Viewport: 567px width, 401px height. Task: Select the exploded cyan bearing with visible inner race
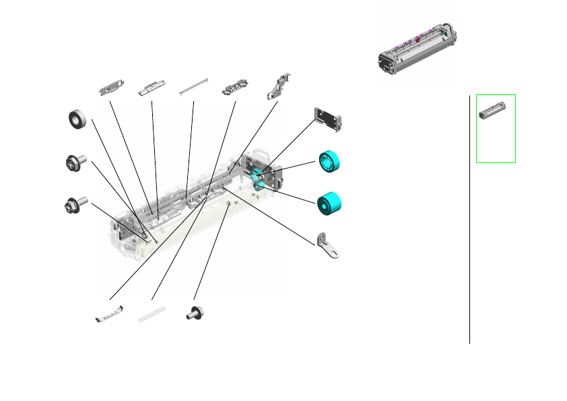[x=329, y=162]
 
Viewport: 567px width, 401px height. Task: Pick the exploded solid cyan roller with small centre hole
[x=329, y=203]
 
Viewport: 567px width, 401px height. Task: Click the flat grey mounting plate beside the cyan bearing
[x=329, y=118]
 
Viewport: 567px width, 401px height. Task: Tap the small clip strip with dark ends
[x=109, y=313]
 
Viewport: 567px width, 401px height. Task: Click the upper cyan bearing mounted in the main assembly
[x=257, y=175]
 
